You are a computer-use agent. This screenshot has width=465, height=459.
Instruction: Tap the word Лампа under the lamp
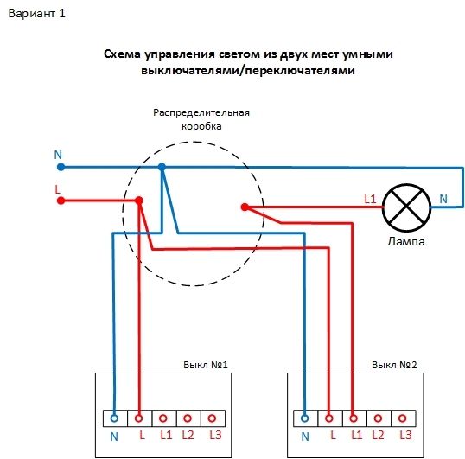point(406,242)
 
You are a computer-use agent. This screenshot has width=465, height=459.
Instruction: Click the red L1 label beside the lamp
point(370,199)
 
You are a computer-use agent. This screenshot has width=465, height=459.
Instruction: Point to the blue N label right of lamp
point(443,199)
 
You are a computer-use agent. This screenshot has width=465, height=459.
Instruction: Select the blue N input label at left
point(58,155)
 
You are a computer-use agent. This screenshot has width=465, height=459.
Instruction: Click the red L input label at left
point(58,188)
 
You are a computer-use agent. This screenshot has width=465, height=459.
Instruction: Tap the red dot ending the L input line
point(61,201)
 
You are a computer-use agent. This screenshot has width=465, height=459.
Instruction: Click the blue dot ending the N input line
point(61,167)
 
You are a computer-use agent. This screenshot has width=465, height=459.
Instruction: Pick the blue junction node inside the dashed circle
point(162,168)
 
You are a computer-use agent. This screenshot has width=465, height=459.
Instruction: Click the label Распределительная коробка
point(201,119)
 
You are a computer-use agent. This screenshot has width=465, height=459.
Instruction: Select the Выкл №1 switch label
point(206,366)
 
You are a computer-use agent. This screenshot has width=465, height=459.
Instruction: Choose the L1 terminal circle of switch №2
point(354,416)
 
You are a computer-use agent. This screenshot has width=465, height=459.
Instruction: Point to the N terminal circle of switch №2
point(305,416)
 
